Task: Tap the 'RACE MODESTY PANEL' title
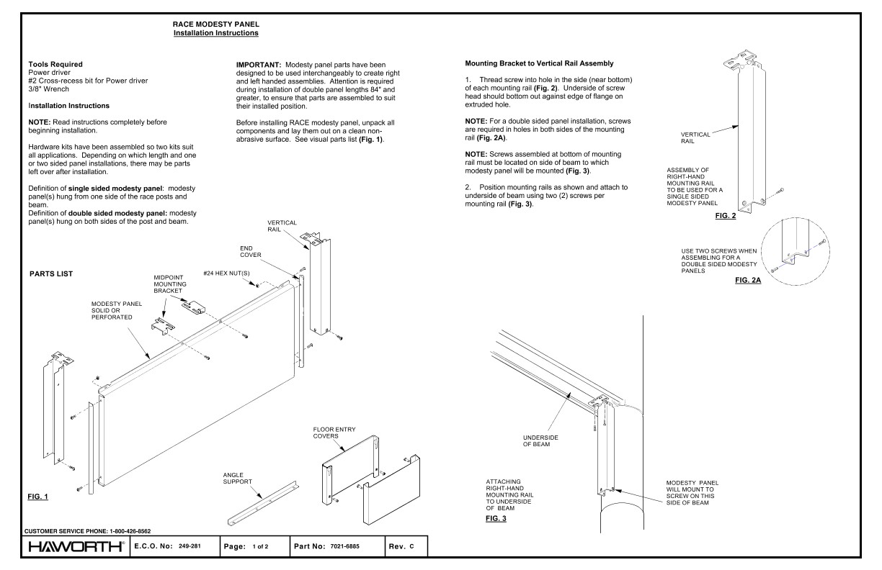(216, 24)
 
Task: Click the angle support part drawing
(267, 502)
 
